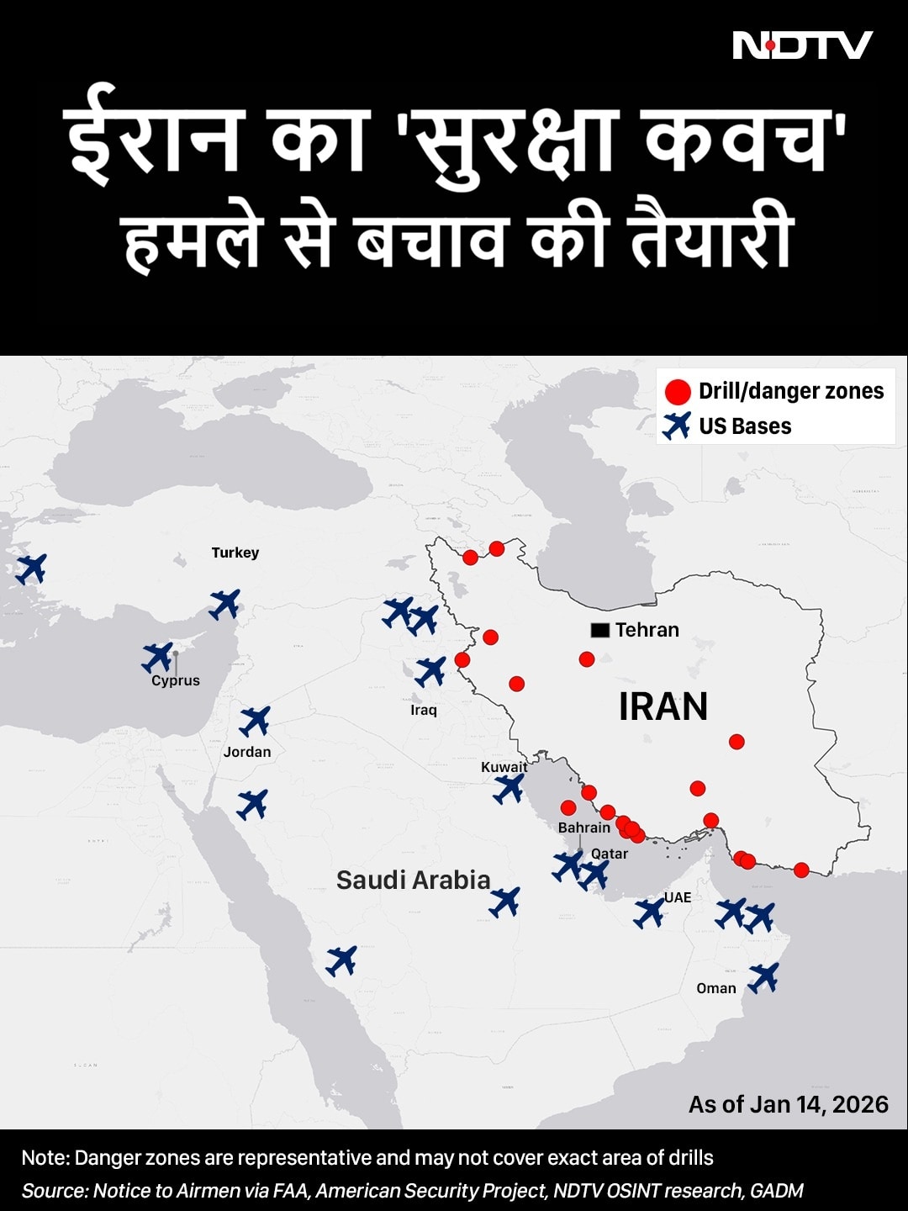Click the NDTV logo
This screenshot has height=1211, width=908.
[802, 45]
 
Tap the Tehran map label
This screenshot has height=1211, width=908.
[647, 630]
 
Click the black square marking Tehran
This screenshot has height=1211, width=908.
[600, 630]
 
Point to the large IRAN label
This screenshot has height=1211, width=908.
[663, 706]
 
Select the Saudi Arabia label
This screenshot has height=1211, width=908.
[413, 880]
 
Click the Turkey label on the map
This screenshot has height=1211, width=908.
[235, 553]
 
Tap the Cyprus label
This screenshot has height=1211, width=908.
[176, 680]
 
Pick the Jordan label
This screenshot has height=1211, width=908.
[247, 752]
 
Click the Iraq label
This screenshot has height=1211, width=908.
[424, 710]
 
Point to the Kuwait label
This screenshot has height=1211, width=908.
[504, 766]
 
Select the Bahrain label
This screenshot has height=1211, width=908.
[584, 828]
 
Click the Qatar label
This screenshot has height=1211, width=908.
[610, 854]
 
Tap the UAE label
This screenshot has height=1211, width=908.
[678, 897]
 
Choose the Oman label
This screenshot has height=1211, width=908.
[716, 988]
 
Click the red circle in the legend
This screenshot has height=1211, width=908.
[678, 392]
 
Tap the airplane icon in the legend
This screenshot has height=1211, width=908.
[677, 426]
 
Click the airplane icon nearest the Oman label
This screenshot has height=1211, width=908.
[763, 978]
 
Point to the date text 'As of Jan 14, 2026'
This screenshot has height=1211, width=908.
[788, 1104]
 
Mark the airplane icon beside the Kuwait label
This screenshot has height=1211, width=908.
[509, 789]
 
